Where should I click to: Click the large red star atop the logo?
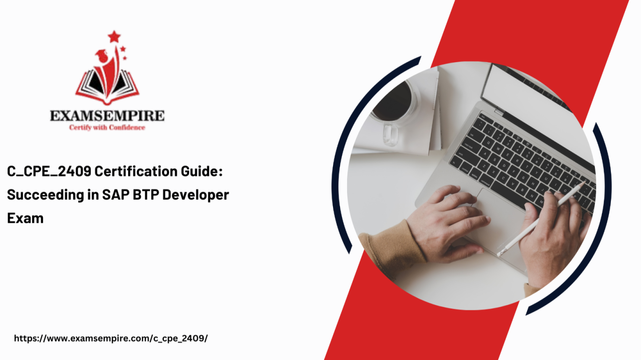(x=114, y=37)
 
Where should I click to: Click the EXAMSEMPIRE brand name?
(x=107, y=116)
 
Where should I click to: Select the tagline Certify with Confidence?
(x=107, y=128)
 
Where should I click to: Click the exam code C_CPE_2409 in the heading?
(x=49, y=171)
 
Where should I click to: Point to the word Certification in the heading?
(x=136, y=171)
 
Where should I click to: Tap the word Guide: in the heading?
(x=201, y=171)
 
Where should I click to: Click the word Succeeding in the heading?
(x=45, y=195)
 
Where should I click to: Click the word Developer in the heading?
(x=196, y=195)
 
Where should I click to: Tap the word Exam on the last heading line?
(x=25, y=218)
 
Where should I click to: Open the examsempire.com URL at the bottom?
(x=111, y=338)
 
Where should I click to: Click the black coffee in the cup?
(x=394, y=102)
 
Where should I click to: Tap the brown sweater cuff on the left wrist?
(x=393, y=246)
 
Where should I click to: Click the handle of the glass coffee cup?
(x=390, y=135)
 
